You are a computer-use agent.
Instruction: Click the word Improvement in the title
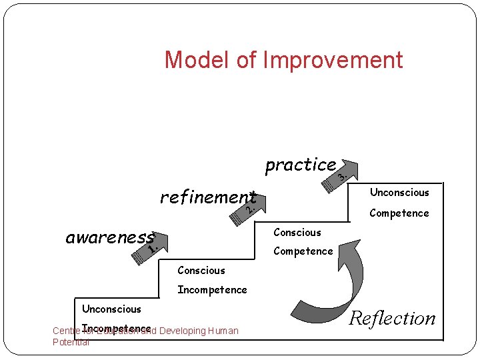tap(333, 60)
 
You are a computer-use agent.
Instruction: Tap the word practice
tap(300, 164)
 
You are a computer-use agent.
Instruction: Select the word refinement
tap(207, 197)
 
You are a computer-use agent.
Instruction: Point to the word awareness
tap(109, 238)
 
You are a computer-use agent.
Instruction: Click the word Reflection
tap(393, 318)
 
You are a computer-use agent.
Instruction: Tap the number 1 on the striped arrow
tap(153, 250)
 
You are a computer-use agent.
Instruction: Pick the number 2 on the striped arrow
tap(249, 209)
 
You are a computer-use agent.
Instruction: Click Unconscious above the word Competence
tap(399, 193)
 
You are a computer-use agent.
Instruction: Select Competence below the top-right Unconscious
tap(399, 213)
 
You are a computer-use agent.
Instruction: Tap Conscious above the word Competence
tap(297, 233)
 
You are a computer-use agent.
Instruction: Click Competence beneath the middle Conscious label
tap(303, 251)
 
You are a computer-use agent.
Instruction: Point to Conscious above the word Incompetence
tap(201, 271)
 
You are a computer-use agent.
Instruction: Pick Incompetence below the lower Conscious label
tap(212, 290)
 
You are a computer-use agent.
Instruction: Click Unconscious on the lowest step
tap(111, 309)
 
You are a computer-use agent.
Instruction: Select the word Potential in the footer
tap(71, 342)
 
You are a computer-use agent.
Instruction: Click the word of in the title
tap(246, 60)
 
